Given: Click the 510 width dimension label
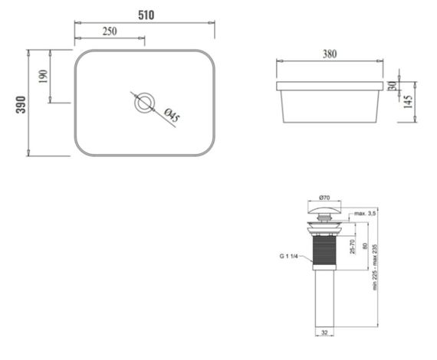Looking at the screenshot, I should click(x=145, y=15).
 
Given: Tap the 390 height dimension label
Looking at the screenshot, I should click(x=20, y=103).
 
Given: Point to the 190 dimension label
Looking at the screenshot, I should click(x=43, y=76).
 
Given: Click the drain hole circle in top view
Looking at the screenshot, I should click(x=145, y=103).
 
